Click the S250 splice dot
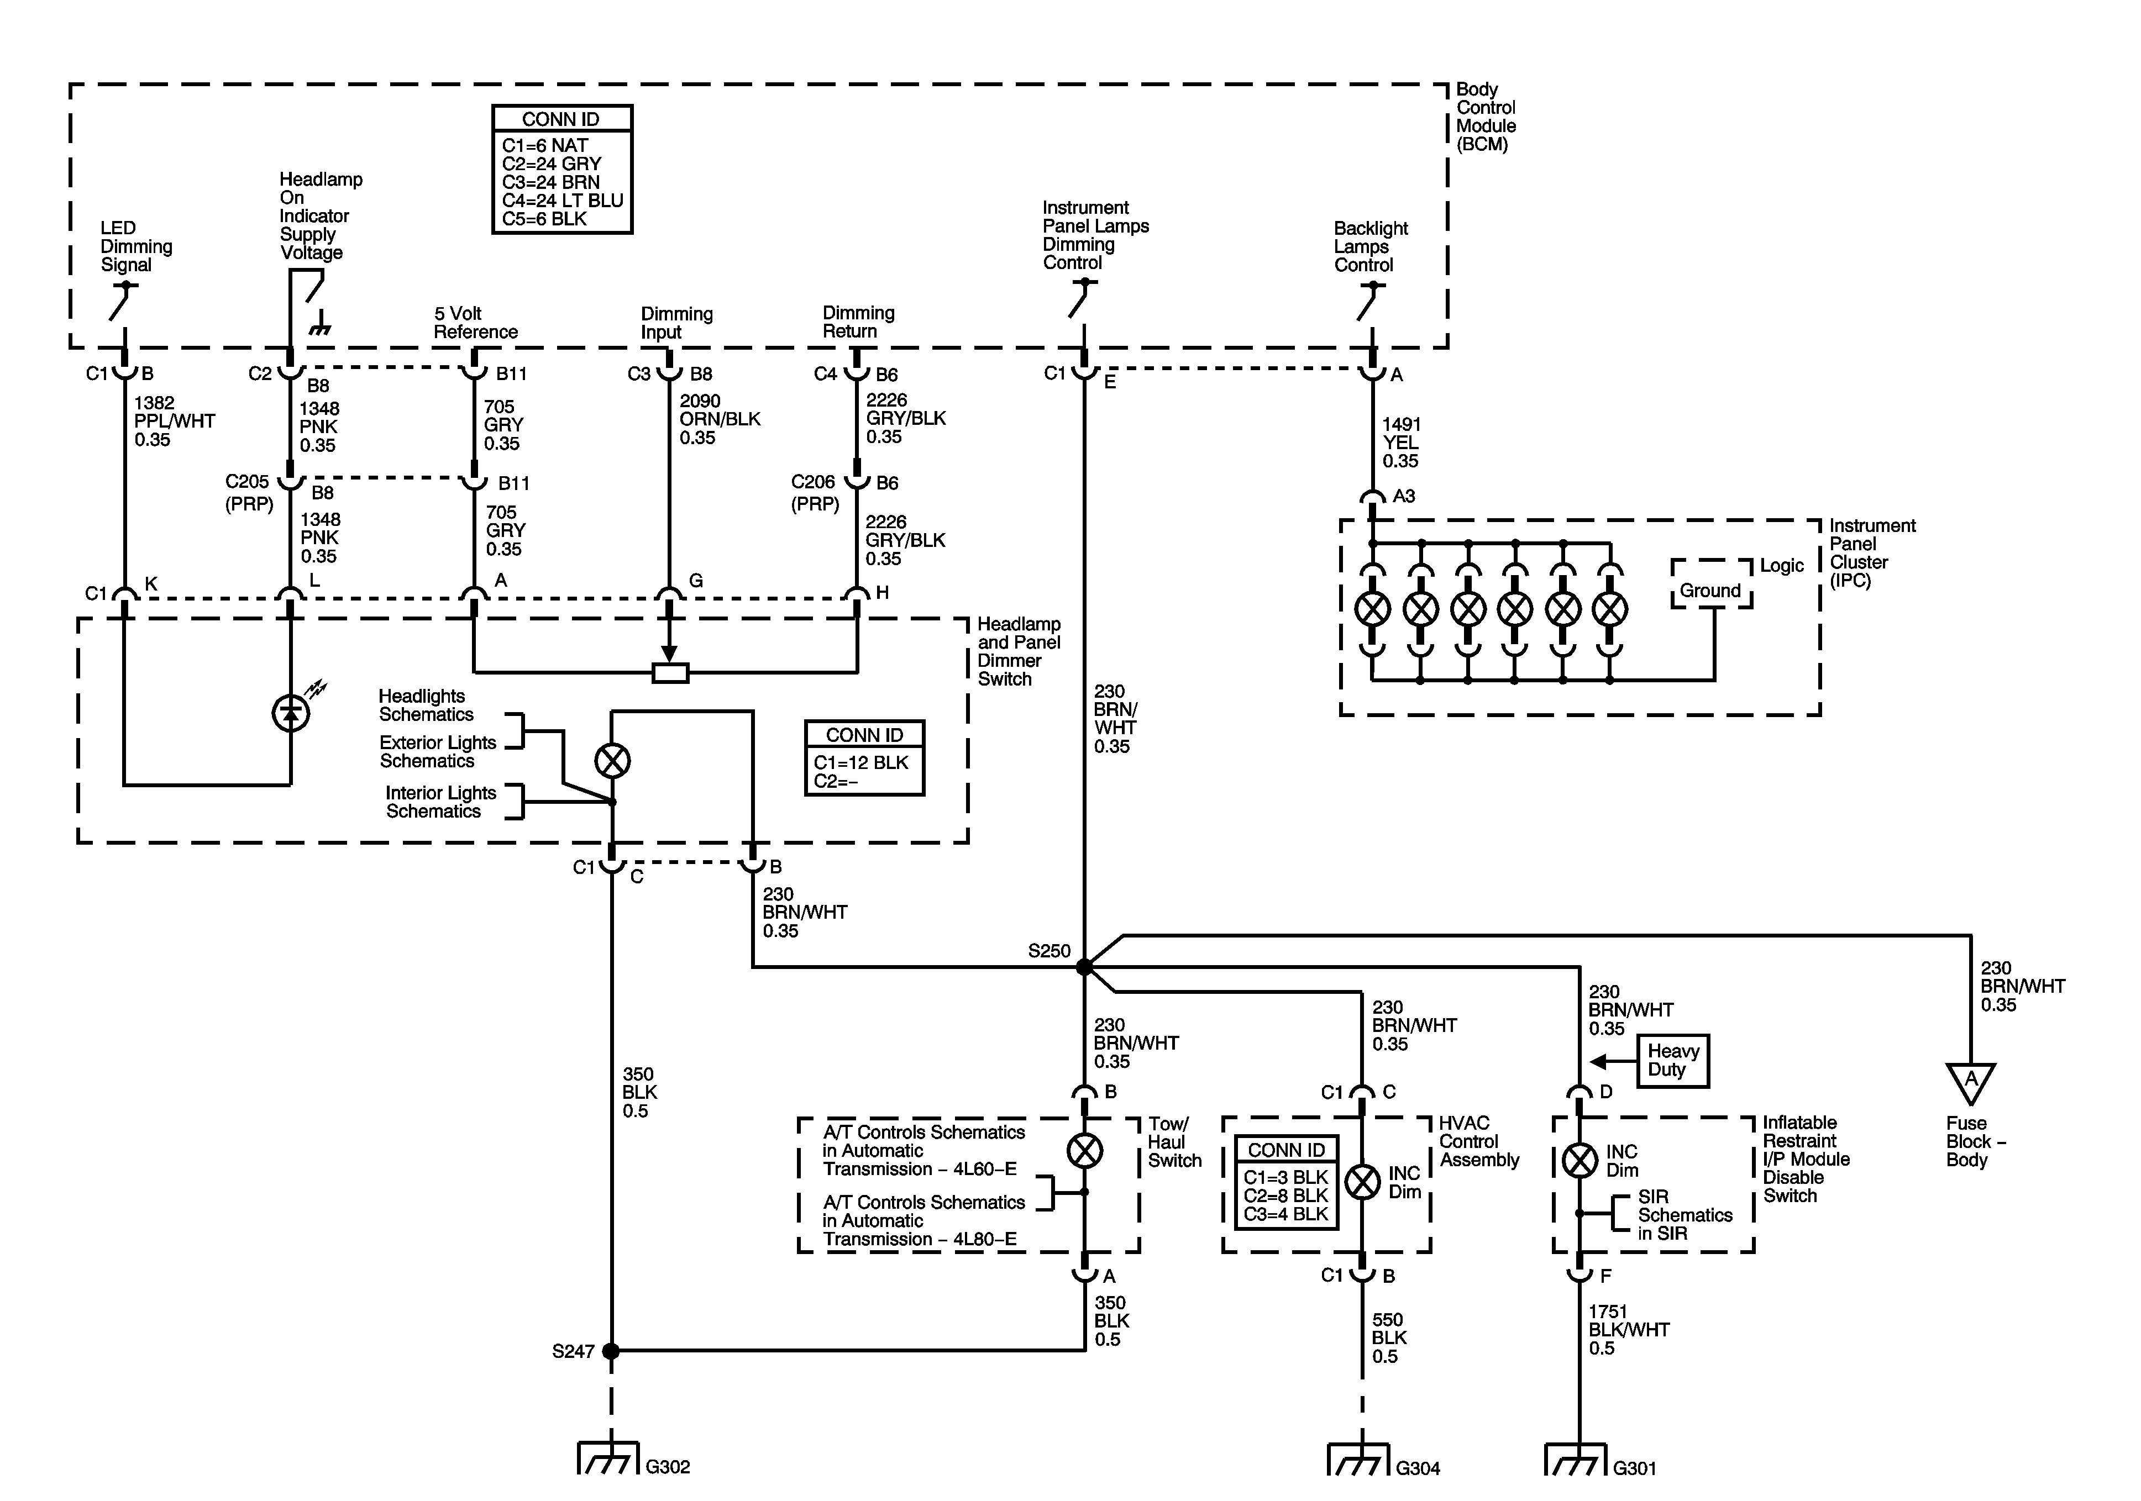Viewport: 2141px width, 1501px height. (x=1084, y=967)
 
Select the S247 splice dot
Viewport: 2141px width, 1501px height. (x=611, y=1350)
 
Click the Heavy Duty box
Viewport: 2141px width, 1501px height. (x=1674, y=1061)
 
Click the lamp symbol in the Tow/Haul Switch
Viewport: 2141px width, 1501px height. (x=1084, y=1150)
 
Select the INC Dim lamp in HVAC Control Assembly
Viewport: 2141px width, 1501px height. (x=1362, y=1182)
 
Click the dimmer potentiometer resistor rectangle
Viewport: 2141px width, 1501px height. (x=669, y=672)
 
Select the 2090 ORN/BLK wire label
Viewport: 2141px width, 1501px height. (x=719, y=419)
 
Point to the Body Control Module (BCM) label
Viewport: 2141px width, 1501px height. (x=1487, y=117)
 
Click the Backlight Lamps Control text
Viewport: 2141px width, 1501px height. (x=1370, y=246)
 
